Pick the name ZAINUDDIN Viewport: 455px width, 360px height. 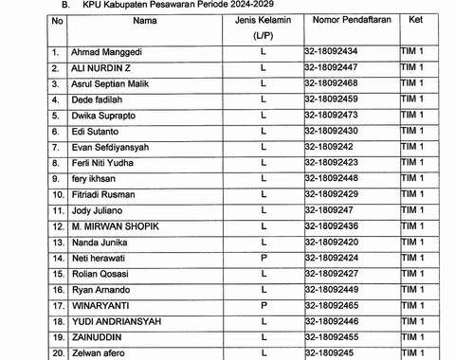[100, 336]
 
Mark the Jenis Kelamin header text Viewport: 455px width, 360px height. [263, 19]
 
